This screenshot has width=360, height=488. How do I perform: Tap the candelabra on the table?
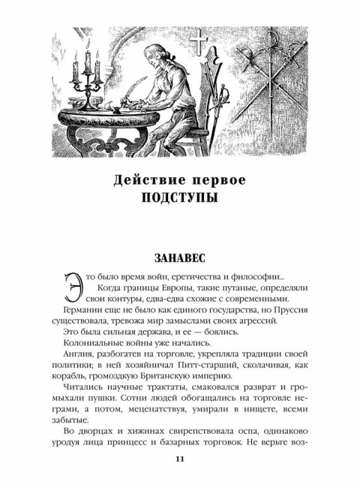tap(84, 68)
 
